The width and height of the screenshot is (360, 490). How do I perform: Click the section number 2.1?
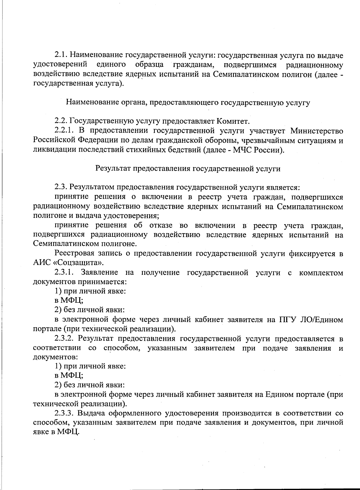click(61, 55)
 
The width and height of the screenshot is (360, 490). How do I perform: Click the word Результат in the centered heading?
click(112, 168)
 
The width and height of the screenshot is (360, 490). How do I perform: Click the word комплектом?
click(321, 273)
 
